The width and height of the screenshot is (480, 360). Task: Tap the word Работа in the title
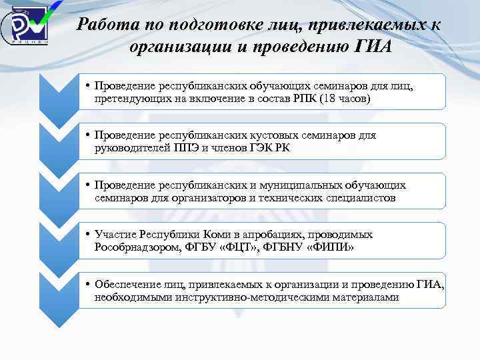coord(103,25)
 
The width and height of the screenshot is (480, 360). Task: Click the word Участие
coord(117,235)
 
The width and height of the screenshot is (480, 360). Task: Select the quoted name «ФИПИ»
coord(329,247)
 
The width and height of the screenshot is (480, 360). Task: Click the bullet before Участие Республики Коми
coord(88,235)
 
